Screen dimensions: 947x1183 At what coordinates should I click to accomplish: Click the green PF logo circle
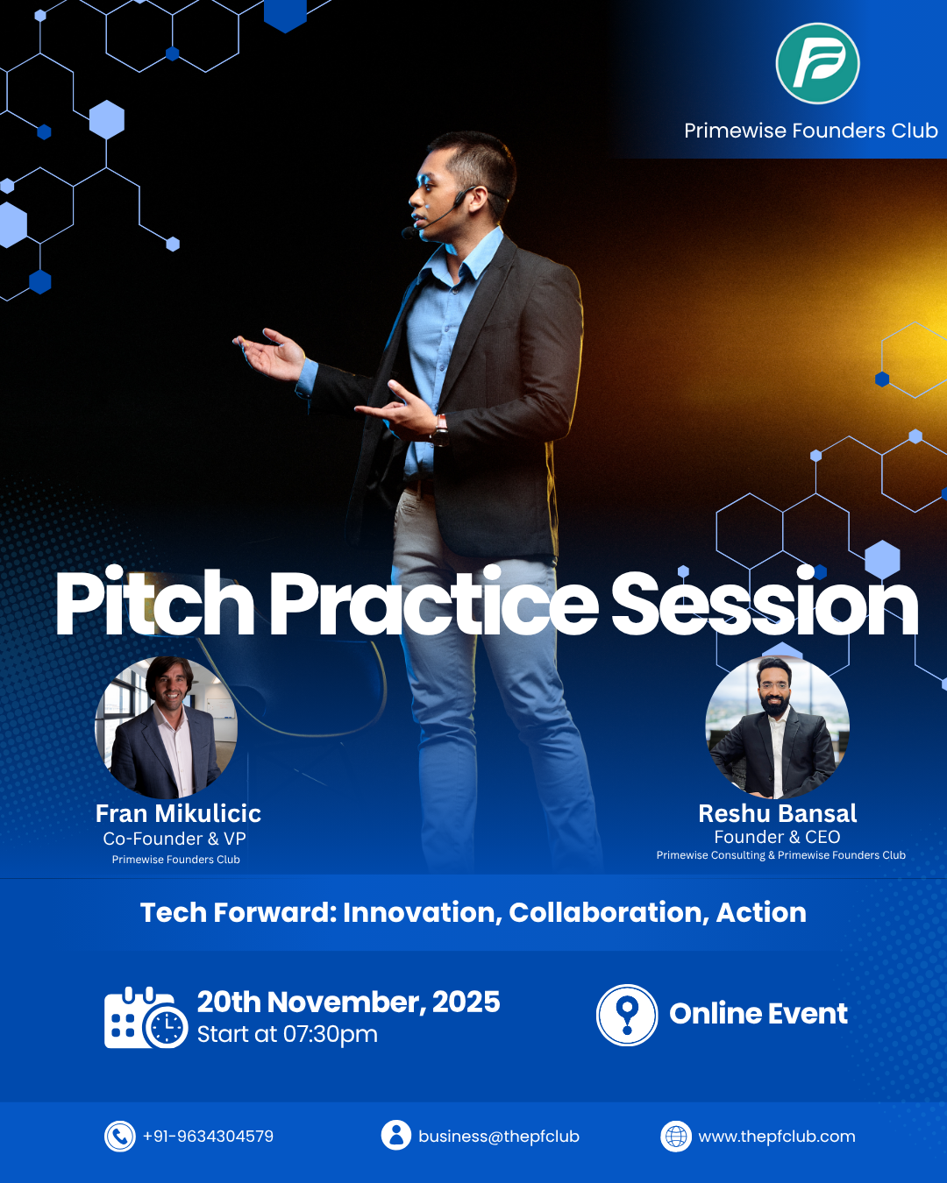[817, 63]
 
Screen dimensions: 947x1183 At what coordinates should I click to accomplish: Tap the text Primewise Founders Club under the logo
[810, 131]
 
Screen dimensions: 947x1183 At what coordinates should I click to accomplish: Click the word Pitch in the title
[155, 602]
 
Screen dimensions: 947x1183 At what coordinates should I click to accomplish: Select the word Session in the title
[765, 602]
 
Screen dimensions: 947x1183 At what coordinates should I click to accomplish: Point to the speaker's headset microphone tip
[408, 233]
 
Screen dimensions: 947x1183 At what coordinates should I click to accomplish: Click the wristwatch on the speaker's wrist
[441, 430]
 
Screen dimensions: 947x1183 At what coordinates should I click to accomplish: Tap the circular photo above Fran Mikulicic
[167, 726]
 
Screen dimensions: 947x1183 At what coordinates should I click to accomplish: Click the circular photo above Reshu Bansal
[777, 726]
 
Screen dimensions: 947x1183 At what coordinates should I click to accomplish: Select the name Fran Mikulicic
[178, 813]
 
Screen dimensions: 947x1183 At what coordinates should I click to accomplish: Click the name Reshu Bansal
[777, 813]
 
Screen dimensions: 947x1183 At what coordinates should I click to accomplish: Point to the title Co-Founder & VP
[174, 839]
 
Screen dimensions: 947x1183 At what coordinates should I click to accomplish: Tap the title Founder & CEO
[777, 837]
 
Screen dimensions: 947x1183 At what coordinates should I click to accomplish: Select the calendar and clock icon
[146, 1018]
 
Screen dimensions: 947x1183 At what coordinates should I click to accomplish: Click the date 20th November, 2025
[348, 1002]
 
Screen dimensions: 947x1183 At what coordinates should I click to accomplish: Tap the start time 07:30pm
[331, 1035]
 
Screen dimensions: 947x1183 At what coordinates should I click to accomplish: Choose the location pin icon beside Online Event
[627, 1015]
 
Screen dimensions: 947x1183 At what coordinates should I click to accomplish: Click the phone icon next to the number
[119, 1137]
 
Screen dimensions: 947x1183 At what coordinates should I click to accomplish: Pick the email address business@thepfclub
[499, 1137]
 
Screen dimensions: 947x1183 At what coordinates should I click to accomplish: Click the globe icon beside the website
[676, 1137]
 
